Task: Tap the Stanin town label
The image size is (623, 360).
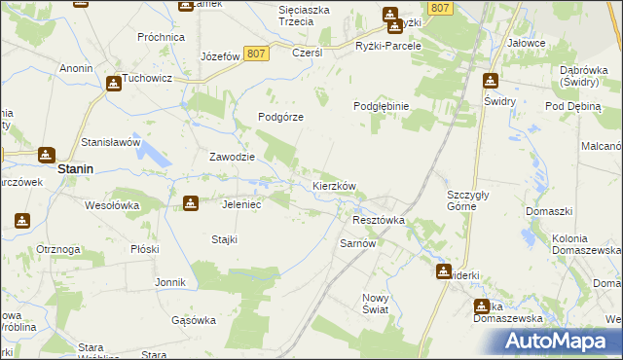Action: click(75, 168)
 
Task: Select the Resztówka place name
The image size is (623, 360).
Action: click(378, 220)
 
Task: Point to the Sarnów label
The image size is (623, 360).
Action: click(357, 243)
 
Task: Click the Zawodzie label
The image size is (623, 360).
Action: click(233, 157)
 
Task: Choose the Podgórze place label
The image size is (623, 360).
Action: click(281, 116)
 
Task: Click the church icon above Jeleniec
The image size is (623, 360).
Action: click(191, 202)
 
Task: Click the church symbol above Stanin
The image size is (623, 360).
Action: click(46, 155)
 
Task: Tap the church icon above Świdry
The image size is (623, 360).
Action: click(491, 82)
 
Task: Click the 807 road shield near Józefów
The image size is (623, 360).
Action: click(257, 54)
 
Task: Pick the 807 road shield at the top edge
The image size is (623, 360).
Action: click(440, 8)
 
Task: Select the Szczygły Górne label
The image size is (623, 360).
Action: click(474, 199)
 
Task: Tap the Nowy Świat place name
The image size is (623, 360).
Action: click(375, 304)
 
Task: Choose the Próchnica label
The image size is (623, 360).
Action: click(162, 37)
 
